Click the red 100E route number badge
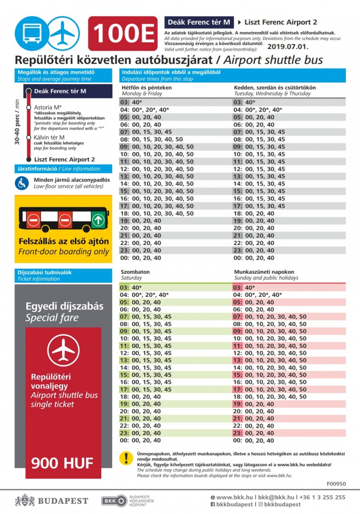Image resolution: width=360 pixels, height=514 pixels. [x=123, y=33]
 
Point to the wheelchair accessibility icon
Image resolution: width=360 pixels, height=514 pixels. [x=22, y=183]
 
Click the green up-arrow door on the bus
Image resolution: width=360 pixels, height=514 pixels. [x=98, y=220]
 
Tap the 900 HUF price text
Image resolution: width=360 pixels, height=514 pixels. [x=62, y=463]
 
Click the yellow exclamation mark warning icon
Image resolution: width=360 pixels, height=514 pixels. [x=127, y=458]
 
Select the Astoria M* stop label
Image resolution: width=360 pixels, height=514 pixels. [x=48, y=107]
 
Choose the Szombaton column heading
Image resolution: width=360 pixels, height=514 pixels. [x=135, y=272]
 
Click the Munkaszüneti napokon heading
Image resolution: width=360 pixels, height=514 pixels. [x=264, y=272]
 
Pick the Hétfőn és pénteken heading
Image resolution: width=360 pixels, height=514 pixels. [x=147, y=88]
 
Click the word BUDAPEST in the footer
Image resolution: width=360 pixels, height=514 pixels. [x=63, y=501]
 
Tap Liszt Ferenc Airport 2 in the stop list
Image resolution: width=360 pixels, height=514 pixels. [x=64, y=159]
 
